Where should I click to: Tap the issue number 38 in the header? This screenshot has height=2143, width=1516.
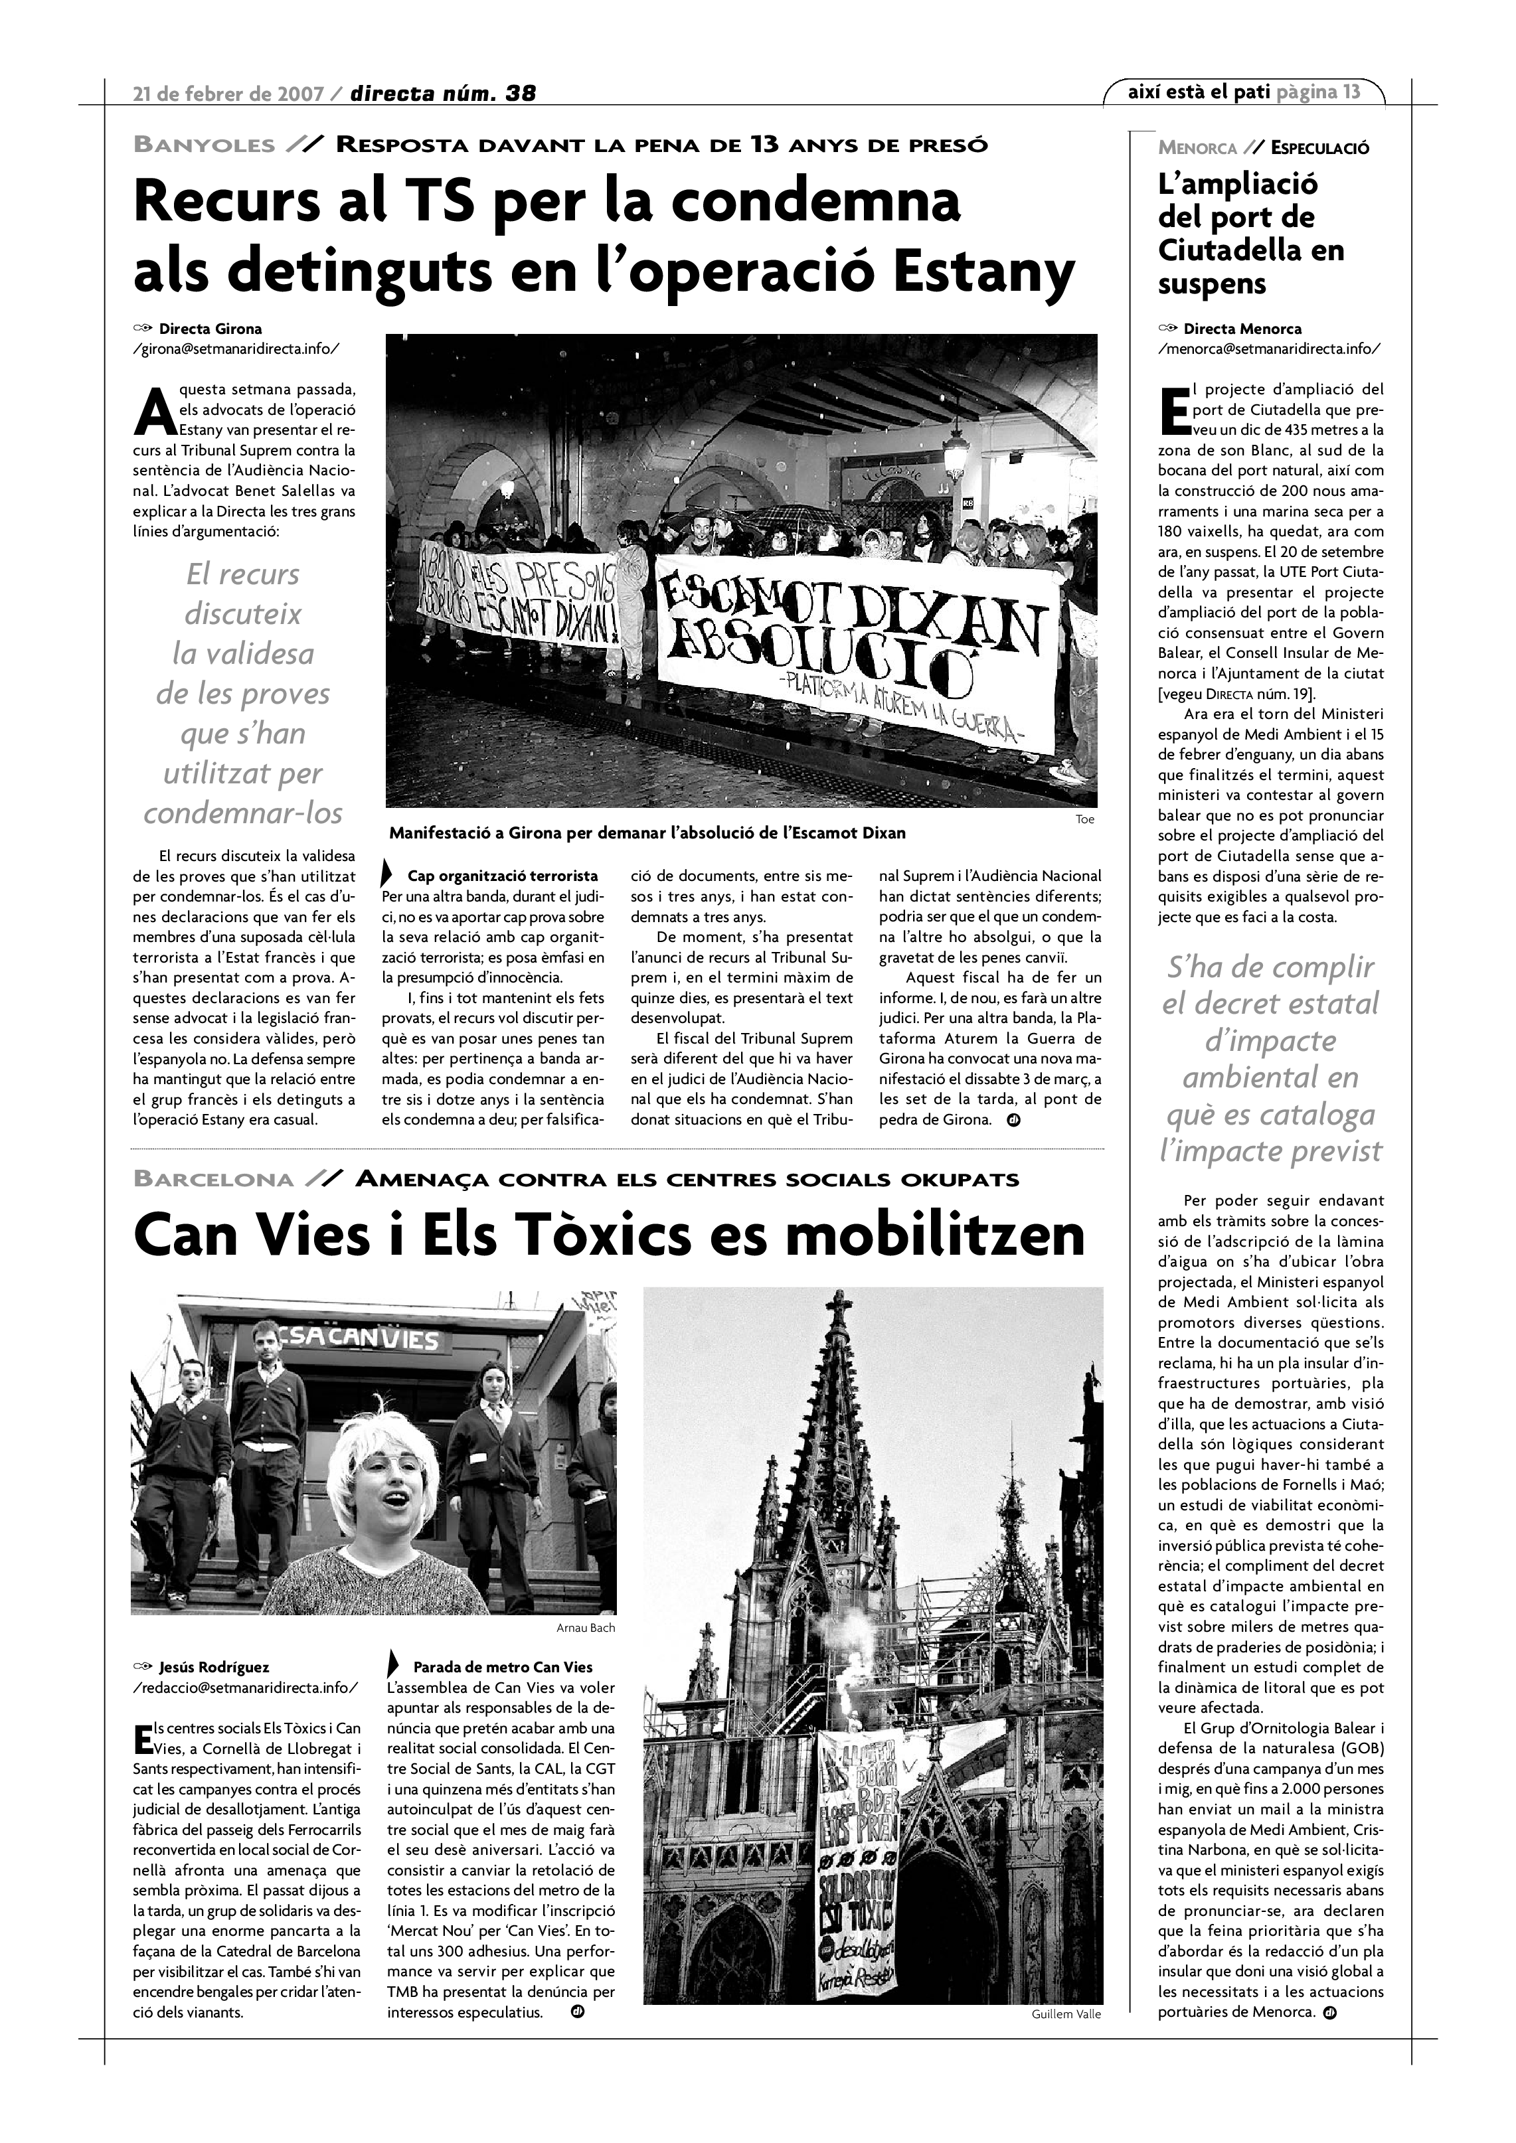click(x=520, y=94)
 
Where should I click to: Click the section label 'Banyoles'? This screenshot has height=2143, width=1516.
click(x=205, y=145)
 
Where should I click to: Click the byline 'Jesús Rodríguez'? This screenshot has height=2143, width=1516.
click(x=214, y=1667)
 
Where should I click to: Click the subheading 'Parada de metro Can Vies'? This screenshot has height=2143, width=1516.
click(x=502, y=1667)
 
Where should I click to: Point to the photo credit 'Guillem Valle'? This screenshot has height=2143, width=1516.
click(x=1066, y=2014)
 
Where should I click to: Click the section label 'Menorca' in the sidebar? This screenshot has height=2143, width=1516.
click(x=1197, y=147)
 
